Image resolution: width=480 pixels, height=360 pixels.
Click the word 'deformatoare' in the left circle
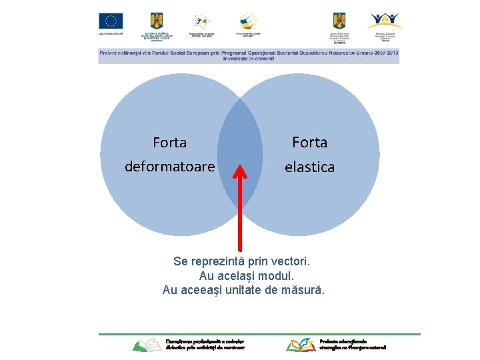click(170, 165)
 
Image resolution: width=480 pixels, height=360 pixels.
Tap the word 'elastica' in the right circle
click(309, 167)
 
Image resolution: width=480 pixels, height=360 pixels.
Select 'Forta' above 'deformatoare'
click(169, 143)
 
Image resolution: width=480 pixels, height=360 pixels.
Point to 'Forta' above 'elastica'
click(310, 143)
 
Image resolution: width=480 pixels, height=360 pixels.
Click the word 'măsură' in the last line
click(304, 290)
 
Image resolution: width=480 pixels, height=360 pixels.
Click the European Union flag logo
click(111, 21)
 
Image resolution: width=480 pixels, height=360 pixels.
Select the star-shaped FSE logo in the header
click(201, 21)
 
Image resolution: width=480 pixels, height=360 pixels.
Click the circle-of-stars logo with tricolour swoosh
click(248, 21)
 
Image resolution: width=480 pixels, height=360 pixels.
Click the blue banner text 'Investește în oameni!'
click(249, 59)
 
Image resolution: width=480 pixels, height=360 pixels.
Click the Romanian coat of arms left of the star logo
click(157, 21)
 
